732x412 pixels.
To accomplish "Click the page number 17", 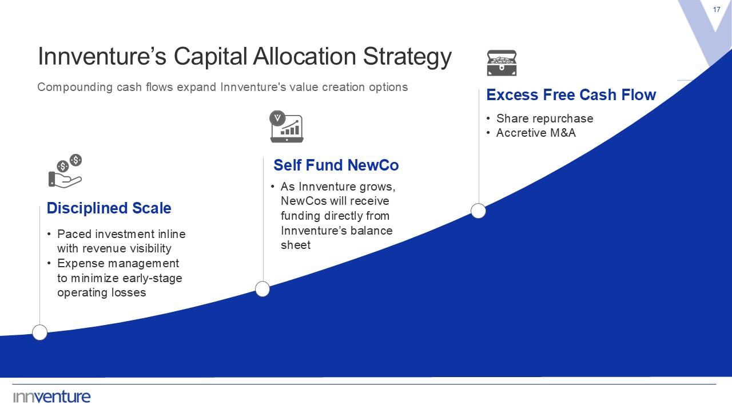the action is [x=717, y=10].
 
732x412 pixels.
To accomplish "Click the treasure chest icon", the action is [x=502, y=63].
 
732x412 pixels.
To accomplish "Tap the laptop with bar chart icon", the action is [x=287, y=126].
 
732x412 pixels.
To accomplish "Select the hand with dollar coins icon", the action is [x=65, y=171].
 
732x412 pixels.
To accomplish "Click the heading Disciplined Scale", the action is [x=109, y=208].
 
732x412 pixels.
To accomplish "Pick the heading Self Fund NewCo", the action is [x=336, y=165].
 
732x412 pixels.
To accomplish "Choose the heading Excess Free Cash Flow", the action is [x=571, y=95].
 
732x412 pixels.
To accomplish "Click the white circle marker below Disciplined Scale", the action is [x=40, y=332].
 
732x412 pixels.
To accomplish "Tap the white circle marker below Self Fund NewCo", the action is [x=262, y=289].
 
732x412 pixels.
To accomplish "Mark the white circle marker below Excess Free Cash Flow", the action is [x=479, y=211].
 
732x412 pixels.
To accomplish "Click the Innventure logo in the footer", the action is [x=51, y=397].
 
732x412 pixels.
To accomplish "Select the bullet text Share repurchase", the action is [x=544, y=118].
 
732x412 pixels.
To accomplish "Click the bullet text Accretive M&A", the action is [x=536, y=133].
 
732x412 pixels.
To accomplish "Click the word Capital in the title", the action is [x=210, y=57].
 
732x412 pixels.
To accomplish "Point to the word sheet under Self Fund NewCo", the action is [x=296, y=245].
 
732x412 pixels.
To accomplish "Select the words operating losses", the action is [x=102, y=292].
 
